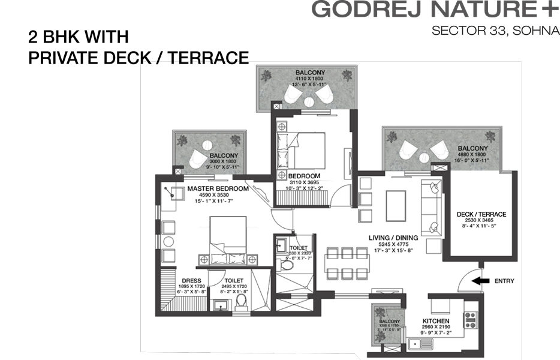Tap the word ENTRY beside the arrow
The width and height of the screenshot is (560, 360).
(x=503, y=281)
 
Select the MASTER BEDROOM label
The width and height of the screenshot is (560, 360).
(x=218, y=188)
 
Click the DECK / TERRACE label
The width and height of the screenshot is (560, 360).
(x=481, y=214)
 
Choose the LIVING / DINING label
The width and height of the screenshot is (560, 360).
(x=393, y=238)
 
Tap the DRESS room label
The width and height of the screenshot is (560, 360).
(x=191, y=280)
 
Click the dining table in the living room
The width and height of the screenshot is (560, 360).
(x=347, y=262)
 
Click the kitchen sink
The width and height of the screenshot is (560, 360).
(x=414, y=343)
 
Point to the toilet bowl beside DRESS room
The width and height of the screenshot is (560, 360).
(x=242, y=304)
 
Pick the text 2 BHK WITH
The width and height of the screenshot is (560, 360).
(x=78, y=37)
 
